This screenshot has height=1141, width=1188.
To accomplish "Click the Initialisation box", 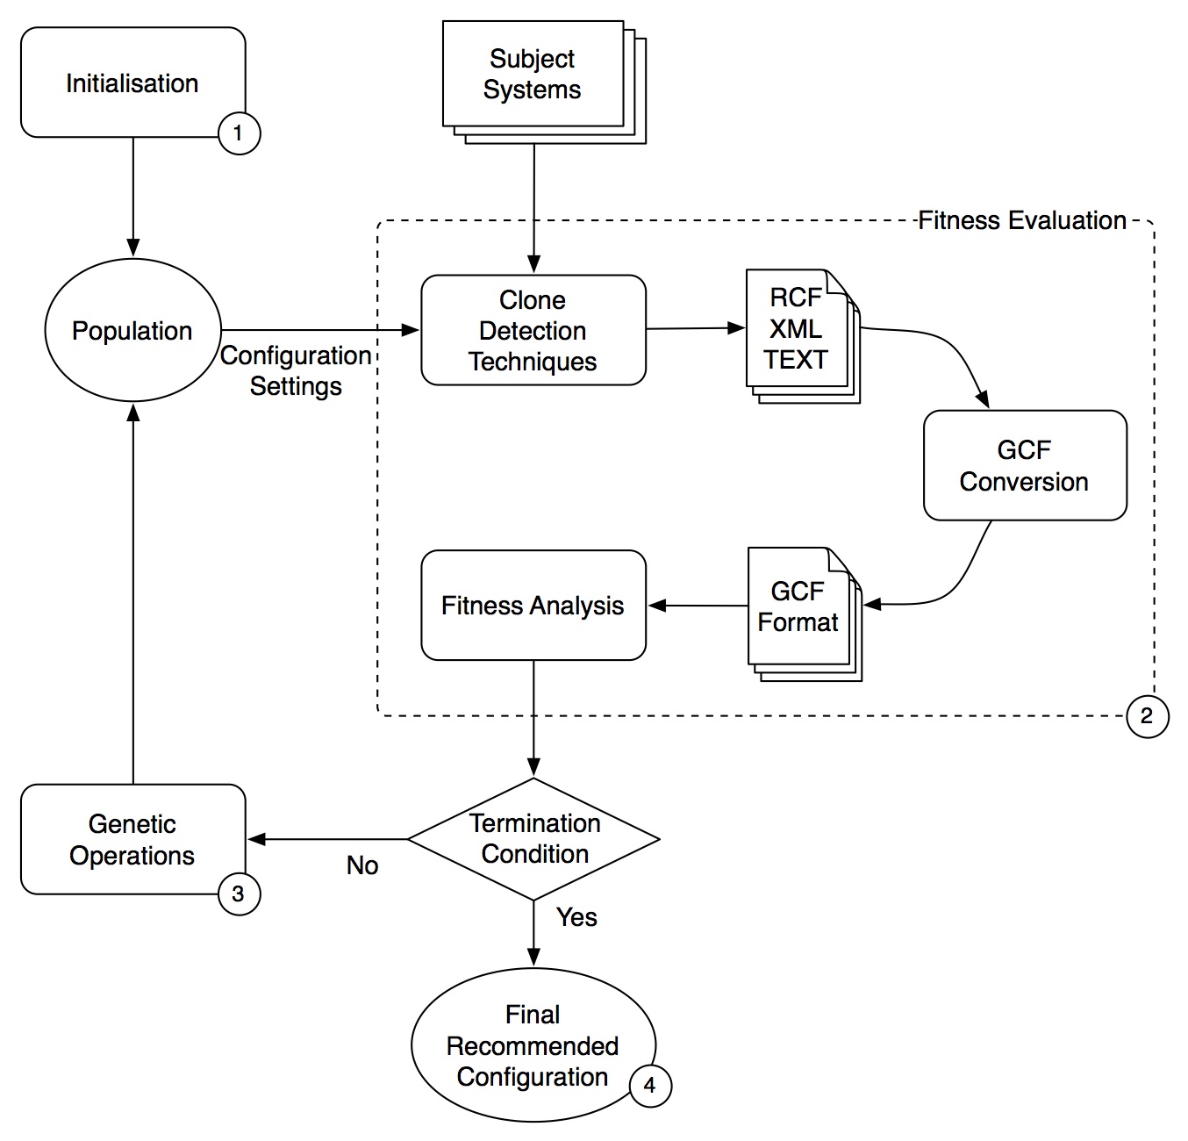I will point(132,83).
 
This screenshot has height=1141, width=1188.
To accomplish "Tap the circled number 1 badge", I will point(239,133).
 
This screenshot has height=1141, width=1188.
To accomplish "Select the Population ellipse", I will point(132,331).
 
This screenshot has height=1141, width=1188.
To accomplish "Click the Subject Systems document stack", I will point(533,75).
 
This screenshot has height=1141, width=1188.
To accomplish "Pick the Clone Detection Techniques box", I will point(533,330).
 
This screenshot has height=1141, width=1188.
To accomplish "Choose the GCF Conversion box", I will point(1024,465).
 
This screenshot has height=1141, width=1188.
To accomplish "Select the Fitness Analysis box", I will point(533,606).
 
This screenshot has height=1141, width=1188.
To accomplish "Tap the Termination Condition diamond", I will point(533,838).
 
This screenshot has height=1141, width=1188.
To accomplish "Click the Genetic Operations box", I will point(132,839).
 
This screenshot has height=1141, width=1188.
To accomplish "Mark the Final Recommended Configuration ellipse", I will point(533,1045).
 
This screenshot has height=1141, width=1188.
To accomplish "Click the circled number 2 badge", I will point(1147,716).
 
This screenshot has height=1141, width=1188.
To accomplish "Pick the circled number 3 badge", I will point(239,894).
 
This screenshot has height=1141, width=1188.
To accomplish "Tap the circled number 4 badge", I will point(650,1086).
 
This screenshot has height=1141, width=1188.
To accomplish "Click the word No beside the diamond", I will point(362,865).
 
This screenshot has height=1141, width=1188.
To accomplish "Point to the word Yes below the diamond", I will point(576,917).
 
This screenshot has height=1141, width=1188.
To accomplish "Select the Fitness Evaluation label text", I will point(1022,220).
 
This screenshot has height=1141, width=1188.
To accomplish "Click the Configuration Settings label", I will point(296,370).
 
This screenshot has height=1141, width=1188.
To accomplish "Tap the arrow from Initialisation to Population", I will point(132,197).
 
